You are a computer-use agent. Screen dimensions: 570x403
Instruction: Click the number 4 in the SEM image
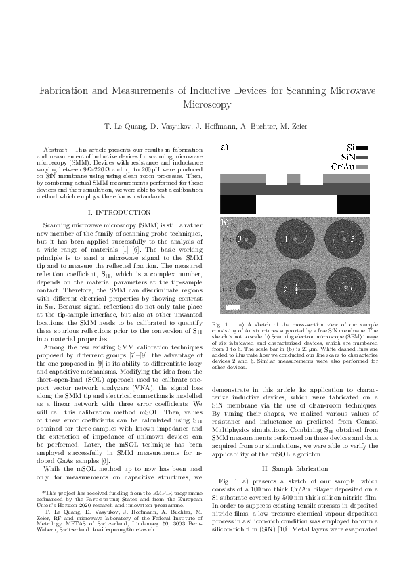(x=286, y=239)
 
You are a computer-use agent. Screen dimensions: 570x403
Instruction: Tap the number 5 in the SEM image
(x=352, y=239)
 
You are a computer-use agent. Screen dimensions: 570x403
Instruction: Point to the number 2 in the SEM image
(x=286, y=290)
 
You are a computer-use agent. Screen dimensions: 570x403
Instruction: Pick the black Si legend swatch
(x=362, y=147)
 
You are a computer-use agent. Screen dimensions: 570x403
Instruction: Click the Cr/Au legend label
(x=341, y=166)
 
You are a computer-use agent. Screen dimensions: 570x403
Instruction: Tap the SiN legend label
(x=345, y=156)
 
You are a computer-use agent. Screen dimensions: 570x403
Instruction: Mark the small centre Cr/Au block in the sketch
(x=293, y=179)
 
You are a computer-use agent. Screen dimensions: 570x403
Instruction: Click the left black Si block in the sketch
(x=238, y=204)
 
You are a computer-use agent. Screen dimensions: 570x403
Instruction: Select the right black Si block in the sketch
(x=352, y=204)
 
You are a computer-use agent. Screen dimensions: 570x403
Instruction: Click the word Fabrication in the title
(x=70, y=91)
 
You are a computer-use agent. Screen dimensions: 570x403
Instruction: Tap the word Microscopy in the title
(x=201, y=105)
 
